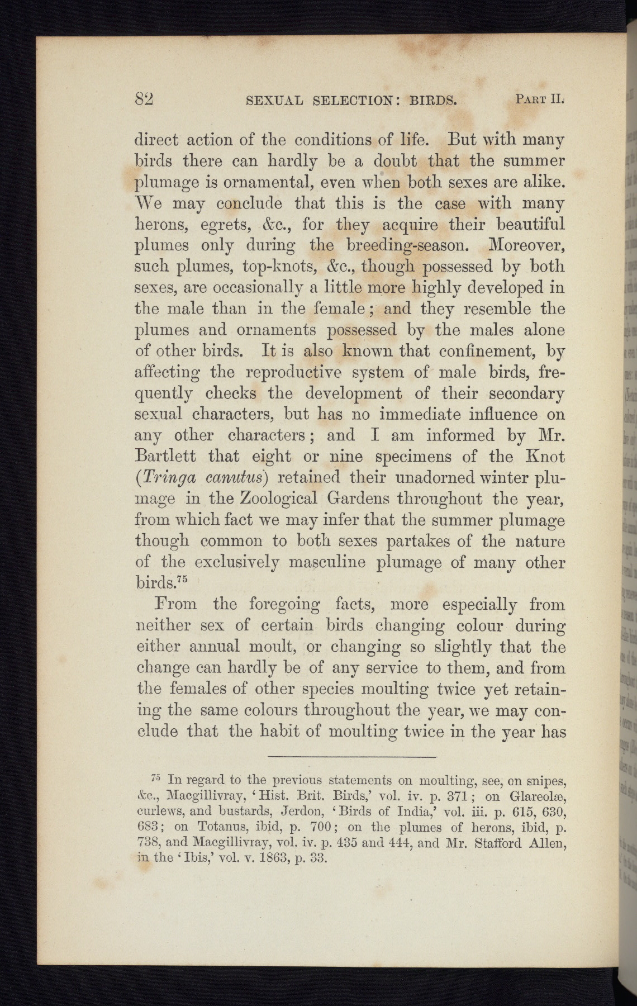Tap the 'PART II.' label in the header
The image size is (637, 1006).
[540, 101]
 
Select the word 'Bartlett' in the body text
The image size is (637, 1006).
[165, 457]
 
